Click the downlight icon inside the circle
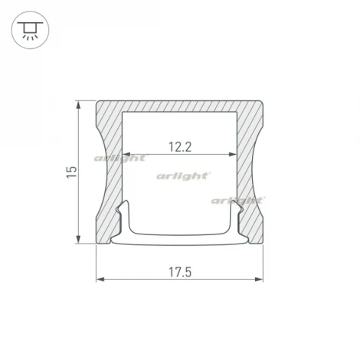(x=28, y=30)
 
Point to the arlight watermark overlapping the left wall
(x=119, y=159)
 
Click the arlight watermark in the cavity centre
(x=183, y=175)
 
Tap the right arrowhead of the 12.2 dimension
(x=233, y=155)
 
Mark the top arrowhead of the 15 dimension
(x=80, y=103)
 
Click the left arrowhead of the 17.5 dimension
(x=100, y=279)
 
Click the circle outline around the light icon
(x=28, y=13)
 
